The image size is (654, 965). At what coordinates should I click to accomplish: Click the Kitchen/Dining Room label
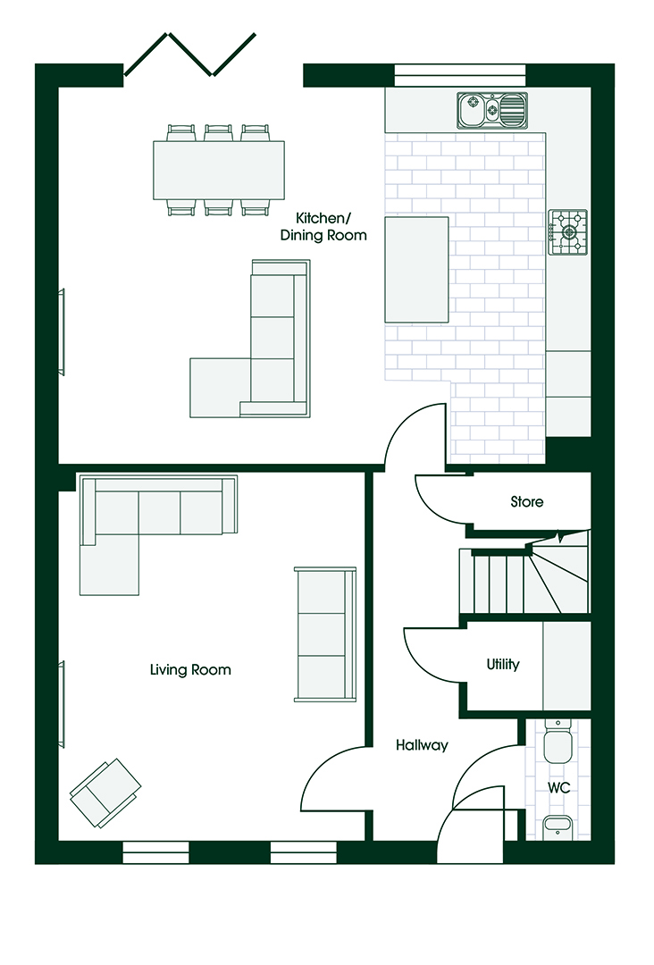click(x=323, y=226)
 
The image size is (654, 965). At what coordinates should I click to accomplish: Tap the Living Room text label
click(x=190, y=669)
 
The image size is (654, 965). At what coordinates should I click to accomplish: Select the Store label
click(x=527, y=501)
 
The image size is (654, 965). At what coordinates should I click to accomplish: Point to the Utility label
click(x=503, y=664)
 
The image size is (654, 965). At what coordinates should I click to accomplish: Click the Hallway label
click(x=422, y=745)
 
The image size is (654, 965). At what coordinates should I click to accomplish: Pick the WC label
click(x=559, y=787)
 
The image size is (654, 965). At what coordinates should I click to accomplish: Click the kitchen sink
click(x=492, y=111)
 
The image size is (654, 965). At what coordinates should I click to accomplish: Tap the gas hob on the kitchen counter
click(x=568, y=232)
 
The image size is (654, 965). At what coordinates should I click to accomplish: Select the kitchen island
click(x=416, y=269)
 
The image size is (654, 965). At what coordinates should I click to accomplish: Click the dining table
click(x=219, y=170)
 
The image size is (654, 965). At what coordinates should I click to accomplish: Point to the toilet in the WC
click(x=558, y=741)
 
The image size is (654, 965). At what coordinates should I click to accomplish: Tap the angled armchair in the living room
click(x=105, y=793)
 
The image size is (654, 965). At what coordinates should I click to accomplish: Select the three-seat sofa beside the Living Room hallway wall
click(x=325, y=634)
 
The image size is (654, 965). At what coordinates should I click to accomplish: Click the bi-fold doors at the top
click(x=189, y=55)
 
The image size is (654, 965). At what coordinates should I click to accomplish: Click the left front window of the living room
click(x=155, y=852)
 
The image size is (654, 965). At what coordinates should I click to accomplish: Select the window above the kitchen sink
click(x=459, y=75)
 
